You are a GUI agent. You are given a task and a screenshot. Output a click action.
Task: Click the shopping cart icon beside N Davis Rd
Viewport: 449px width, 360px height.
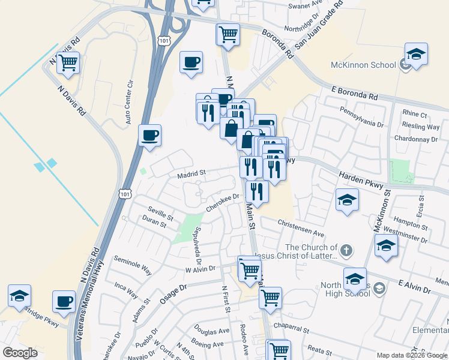coord(68,62)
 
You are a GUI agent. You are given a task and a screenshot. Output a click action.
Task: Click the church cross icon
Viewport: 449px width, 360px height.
coord(345,249)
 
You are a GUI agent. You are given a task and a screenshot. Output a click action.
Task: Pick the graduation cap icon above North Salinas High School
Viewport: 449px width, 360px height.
coord(355,279)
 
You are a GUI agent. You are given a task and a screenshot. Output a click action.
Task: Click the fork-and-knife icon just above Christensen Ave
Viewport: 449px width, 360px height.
coord(257,191)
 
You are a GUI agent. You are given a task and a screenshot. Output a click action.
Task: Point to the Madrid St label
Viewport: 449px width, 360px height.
coord(191,173)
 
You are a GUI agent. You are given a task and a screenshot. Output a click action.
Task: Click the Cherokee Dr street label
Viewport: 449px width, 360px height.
coord(223,201)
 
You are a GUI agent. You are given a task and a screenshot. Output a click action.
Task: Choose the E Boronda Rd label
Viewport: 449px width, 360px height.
coord(355,94)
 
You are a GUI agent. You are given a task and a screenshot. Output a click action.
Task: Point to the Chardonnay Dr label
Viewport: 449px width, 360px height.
coord(420,139)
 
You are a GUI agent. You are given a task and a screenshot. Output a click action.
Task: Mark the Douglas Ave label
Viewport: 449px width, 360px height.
coord(211,331)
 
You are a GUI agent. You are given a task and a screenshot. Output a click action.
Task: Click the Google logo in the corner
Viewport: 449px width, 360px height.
coord(20,352)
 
